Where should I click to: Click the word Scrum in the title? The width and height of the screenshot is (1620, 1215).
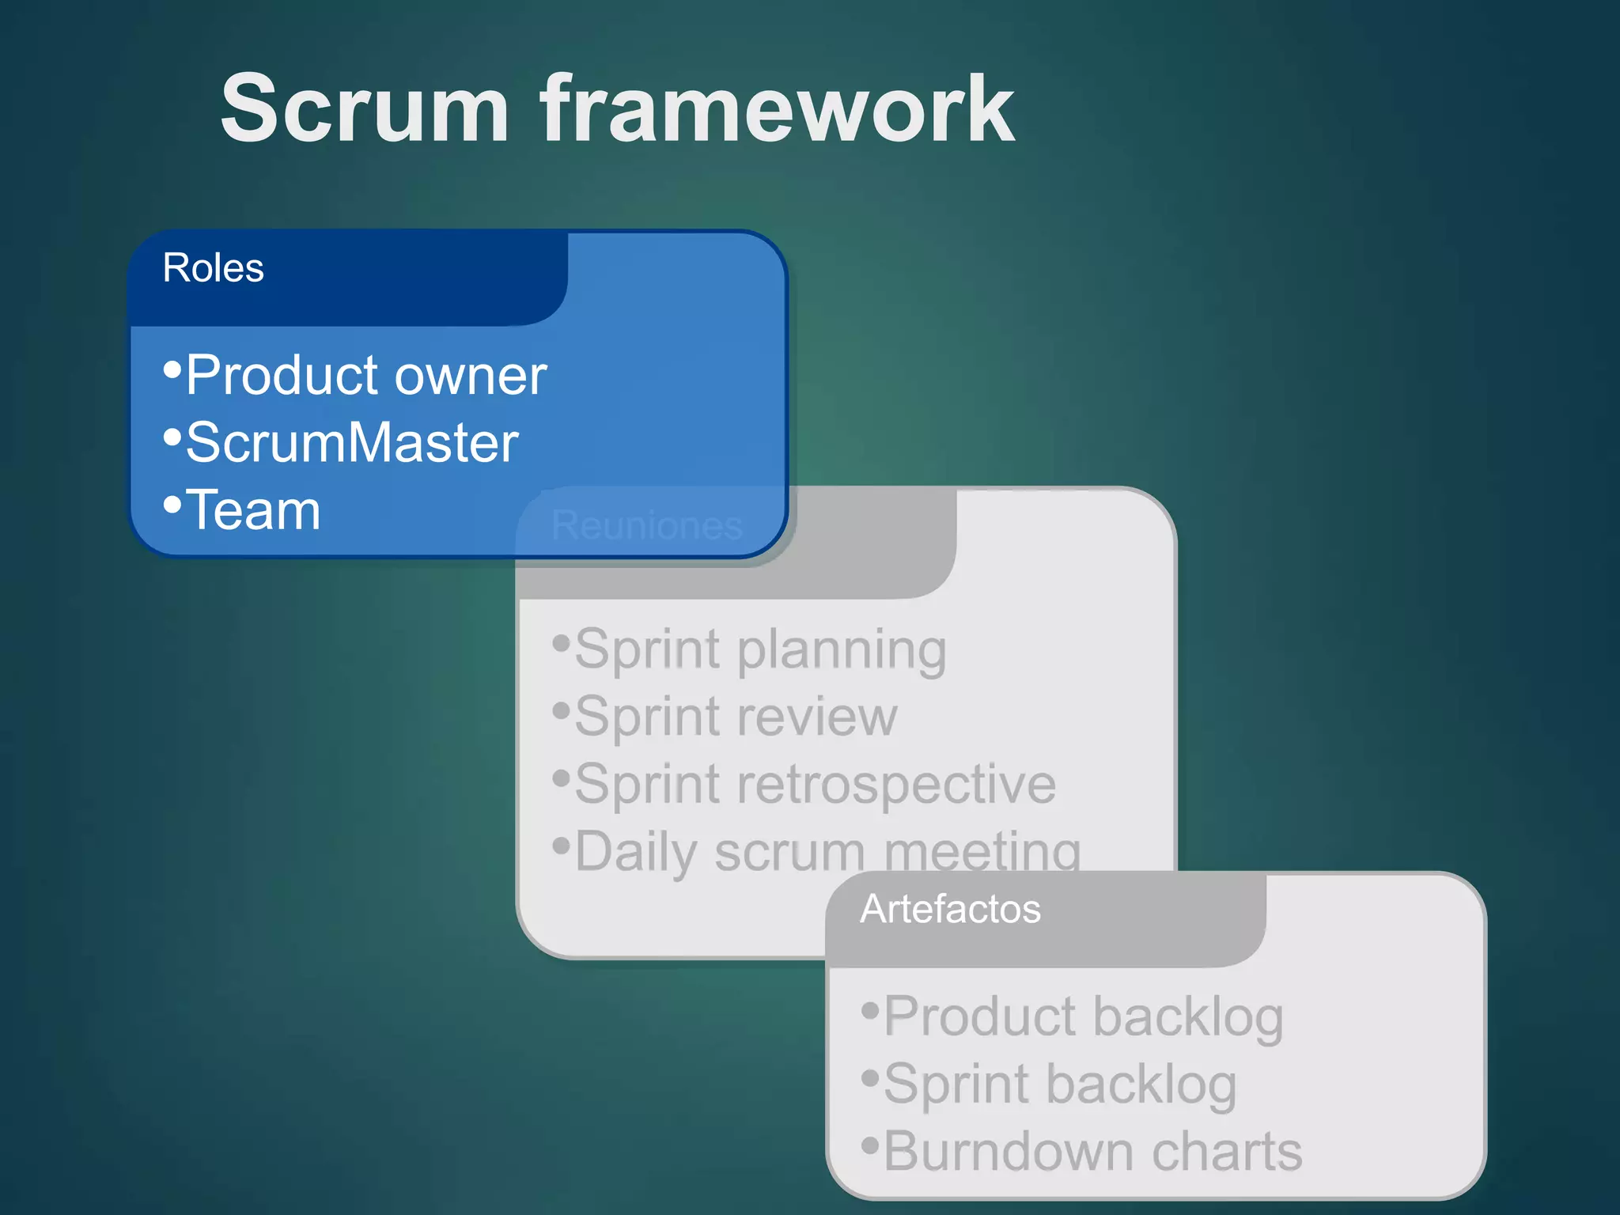[x=365, y=108]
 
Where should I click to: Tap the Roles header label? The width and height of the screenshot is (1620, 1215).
[x=213, y=268]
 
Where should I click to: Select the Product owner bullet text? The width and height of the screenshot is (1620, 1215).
[x=366, y=375]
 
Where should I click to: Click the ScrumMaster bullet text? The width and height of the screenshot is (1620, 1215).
[x=352, y=443]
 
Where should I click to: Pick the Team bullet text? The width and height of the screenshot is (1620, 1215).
[x=253, y=510]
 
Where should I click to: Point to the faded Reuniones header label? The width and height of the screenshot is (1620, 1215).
[x=646, y=525]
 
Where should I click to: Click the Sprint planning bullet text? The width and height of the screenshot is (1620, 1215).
[x=760, y=649]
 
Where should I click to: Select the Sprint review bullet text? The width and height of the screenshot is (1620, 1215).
[x=736, y=717]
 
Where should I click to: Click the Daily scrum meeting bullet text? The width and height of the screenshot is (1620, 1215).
[x=827, y=850]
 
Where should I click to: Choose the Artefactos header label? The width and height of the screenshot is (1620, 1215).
[x=950, y=909]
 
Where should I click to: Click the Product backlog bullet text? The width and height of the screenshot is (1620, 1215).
[x=1083, y=1016]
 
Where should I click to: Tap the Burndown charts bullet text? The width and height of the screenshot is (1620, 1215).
[x=1092, y=1152]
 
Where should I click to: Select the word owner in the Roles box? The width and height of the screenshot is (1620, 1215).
[x=471, y=377]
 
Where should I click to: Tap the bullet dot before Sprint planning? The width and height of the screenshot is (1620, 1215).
[x=561, y=642]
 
